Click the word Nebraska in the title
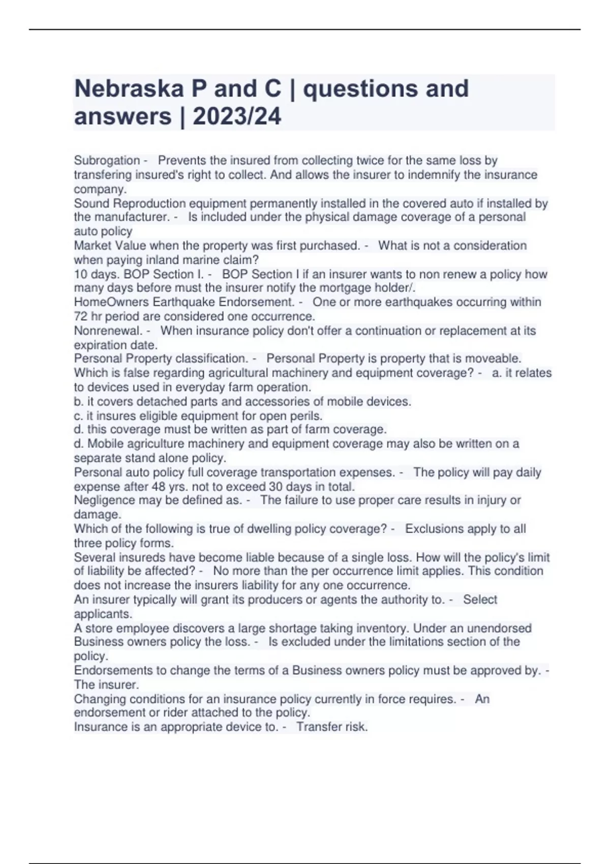click(129, 89)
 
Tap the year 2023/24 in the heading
click(237, 116)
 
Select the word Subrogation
click(107, 161)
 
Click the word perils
click(308, 416)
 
